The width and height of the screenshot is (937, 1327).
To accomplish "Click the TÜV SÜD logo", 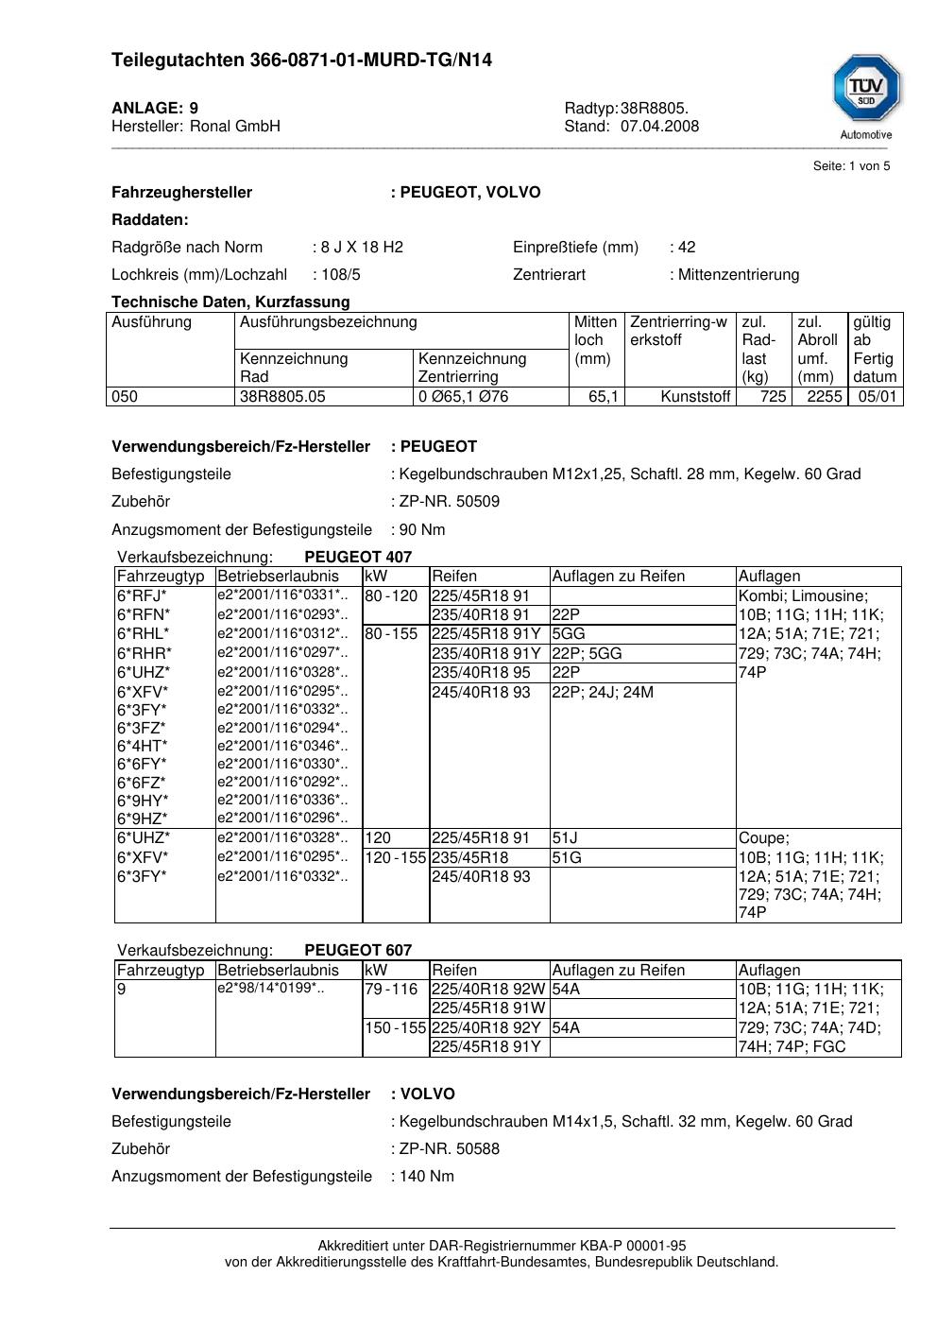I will pos(866,91).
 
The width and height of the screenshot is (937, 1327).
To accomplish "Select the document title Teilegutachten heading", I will pos(301,60).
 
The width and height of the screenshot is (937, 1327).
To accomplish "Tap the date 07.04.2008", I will pos(659,127).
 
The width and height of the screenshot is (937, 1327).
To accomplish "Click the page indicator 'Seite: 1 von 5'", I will pos(851,166).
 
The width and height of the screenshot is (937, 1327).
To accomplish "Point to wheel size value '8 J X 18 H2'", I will pos(362,248).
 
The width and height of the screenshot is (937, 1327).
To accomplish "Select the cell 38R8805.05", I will pos(282,397).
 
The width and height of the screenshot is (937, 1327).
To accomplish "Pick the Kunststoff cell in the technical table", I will pos(696,397).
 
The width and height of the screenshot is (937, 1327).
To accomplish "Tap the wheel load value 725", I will pos(773,397).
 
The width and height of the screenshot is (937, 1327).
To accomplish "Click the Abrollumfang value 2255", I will pos(824,397).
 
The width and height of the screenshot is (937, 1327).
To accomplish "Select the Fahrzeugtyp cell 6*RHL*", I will pos(144,634).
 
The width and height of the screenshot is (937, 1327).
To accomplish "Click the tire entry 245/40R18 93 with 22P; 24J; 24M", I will pos(481,693).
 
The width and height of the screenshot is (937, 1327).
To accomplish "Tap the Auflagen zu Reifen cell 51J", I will pos(565,838).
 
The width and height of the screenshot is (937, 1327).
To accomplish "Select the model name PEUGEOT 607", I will pos(358,951).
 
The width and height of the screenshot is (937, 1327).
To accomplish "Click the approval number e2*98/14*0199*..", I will pos(271,989).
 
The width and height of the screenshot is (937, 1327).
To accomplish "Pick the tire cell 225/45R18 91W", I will pos(487,1008).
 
